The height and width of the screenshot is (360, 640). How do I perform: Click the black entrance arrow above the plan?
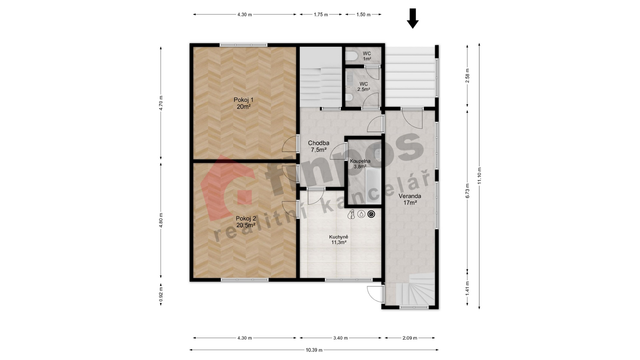[x=413, y=18]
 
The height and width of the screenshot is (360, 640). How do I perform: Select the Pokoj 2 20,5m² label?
[x=246, y=222]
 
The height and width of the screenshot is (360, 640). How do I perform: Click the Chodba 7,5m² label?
[x=318, y=146]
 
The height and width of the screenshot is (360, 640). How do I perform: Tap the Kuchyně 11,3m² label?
[x=339, y=240]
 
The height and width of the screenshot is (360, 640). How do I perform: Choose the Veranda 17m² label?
[x=410, y=199]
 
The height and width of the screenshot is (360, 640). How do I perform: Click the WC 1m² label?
[x=367, y=56]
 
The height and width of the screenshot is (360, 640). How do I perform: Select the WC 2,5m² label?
[x=364, y=87]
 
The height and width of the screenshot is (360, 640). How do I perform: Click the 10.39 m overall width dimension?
[x=314, y=350]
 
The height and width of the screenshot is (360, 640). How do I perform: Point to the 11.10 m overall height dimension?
[x=479, y=176]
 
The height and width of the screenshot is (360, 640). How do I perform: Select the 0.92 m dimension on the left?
[x=161, y=295]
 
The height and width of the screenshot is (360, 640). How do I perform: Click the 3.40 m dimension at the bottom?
[x=340, y=338]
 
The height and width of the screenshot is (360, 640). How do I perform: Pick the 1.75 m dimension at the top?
[x=321, y=15]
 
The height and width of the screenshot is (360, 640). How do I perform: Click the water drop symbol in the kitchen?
[x=361, y=214]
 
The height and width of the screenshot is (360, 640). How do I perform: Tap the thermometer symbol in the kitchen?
[x=351, y=214]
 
